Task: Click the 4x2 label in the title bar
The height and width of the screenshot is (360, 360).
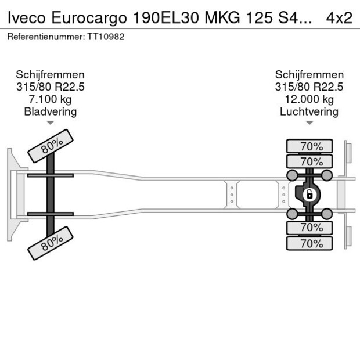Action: click(339, 18)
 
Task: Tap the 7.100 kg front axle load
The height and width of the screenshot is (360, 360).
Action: click(50, 99)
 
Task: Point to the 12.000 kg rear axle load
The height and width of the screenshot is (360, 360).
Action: click(309, 99)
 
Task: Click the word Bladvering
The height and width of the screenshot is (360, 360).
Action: click(50, 111)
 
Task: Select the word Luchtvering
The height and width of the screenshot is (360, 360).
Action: click(309, 111)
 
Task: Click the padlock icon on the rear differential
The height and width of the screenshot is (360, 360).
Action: click(309, 194)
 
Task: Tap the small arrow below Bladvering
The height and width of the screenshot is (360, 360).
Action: click(50, 123)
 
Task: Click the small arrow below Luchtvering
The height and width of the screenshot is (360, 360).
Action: click(309, 123)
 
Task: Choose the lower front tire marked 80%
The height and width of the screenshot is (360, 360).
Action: click(51, 243)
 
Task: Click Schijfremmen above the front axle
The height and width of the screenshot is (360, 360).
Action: click(50, 75)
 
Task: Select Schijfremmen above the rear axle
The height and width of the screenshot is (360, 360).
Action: click(309, 75)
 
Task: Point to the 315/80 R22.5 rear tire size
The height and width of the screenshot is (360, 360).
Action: click(309, 87)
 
